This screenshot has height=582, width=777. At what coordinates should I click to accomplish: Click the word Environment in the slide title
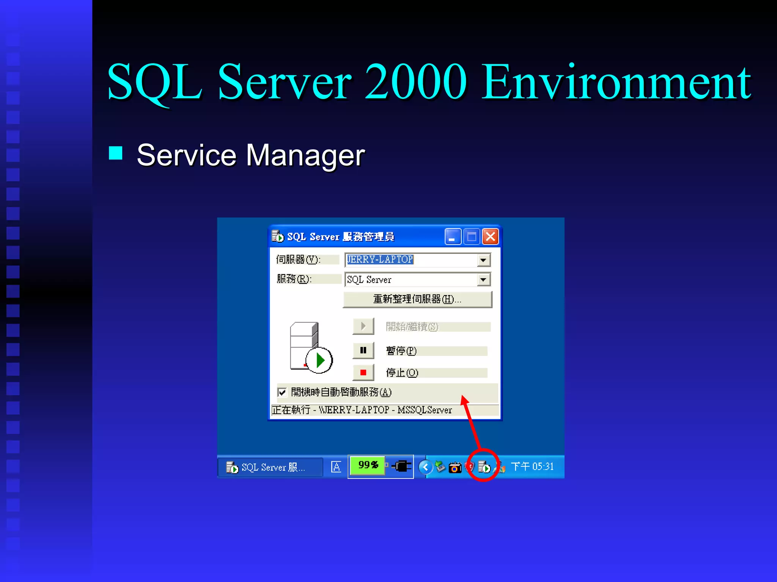(x=616, y=82)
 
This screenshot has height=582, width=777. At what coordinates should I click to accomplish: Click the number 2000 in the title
(x=415, y=82)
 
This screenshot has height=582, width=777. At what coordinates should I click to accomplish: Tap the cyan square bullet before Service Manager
(x=116, y=153)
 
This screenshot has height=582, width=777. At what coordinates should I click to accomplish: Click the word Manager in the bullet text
(x=305, y=155)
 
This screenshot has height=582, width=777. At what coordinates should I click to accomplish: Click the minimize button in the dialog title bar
(x=453, y=237)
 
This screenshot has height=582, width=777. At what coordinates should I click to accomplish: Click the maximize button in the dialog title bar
(x=472, y=237)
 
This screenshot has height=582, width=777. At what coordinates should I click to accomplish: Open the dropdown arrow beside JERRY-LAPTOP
(x=483, y=260)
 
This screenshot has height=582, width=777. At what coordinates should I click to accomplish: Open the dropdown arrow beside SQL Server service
(x=483, y=280)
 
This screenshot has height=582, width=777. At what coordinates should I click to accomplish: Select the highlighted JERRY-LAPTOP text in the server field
(x=380, y=260)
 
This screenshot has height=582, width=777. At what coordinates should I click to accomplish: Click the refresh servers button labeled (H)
(x=417, y=299)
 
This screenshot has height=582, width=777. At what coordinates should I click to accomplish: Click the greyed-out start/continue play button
(x=363, y=326)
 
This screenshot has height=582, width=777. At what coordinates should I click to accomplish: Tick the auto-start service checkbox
(x=282, y=392)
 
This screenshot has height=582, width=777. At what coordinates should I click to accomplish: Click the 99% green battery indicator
(x=367, y=465)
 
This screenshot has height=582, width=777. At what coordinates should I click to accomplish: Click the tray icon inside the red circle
(x=484, y=467)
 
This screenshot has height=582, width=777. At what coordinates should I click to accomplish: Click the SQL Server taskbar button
(x=269, y=467)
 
